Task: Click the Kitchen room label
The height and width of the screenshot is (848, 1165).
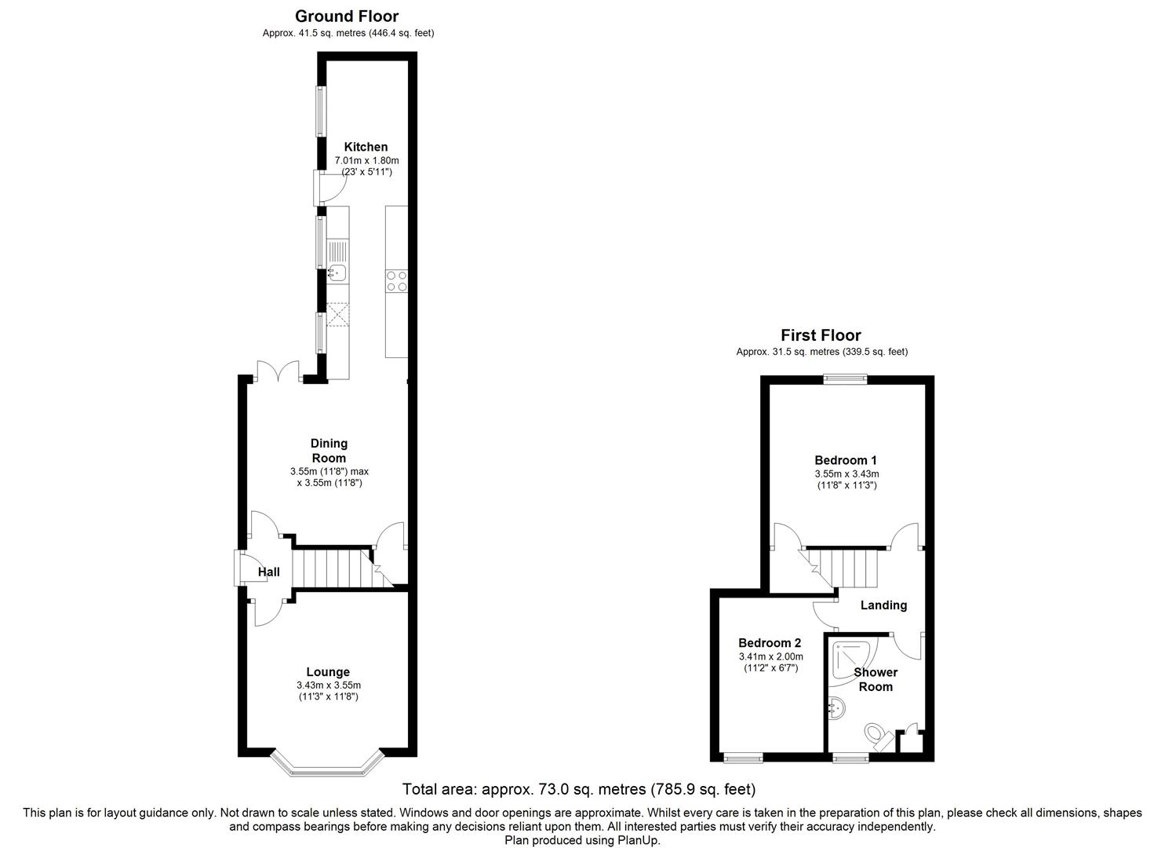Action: point(366,147)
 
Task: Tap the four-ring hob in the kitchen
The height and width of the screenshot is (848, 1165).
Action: point(396,281)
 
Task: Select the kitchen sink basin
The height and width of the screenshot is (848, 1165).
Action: point(337,272)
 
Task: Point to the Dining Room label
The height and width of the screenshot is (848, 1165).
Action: point(329,451)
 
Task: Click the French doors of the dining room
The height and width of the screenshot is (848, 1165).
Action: point(278,371)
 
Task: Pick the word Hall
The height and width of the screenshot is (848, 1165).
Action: point(269,572)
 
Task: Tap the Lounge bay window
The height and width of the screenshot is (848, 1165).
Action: point(327,764)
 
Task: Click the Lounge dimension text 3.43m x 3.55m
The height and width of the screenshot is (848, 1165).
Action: point(329,685)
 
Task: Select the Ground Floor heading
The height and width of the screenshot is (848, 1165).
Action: point(347,16)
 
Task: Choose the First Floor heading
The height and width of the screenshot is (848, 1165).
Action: point(821,335)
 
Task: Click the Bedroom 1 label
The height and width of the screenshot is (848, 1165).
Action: point(846,460)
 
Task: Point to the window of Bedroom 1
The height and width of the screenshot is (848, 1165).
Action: point(846,379)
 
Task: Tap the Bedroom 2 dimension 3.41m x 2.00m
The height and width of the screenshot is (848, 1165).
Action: point(770,656)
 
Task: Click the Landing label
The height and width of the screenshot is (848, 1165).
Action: point(883,605)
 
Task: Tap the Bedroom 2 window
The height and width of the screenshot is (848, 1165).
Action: point(743,758)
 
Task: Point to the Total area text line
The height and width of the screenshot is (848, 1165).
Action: point(579,790)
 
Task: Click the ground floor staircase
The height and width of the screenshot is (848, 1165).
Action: point(340,568)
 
